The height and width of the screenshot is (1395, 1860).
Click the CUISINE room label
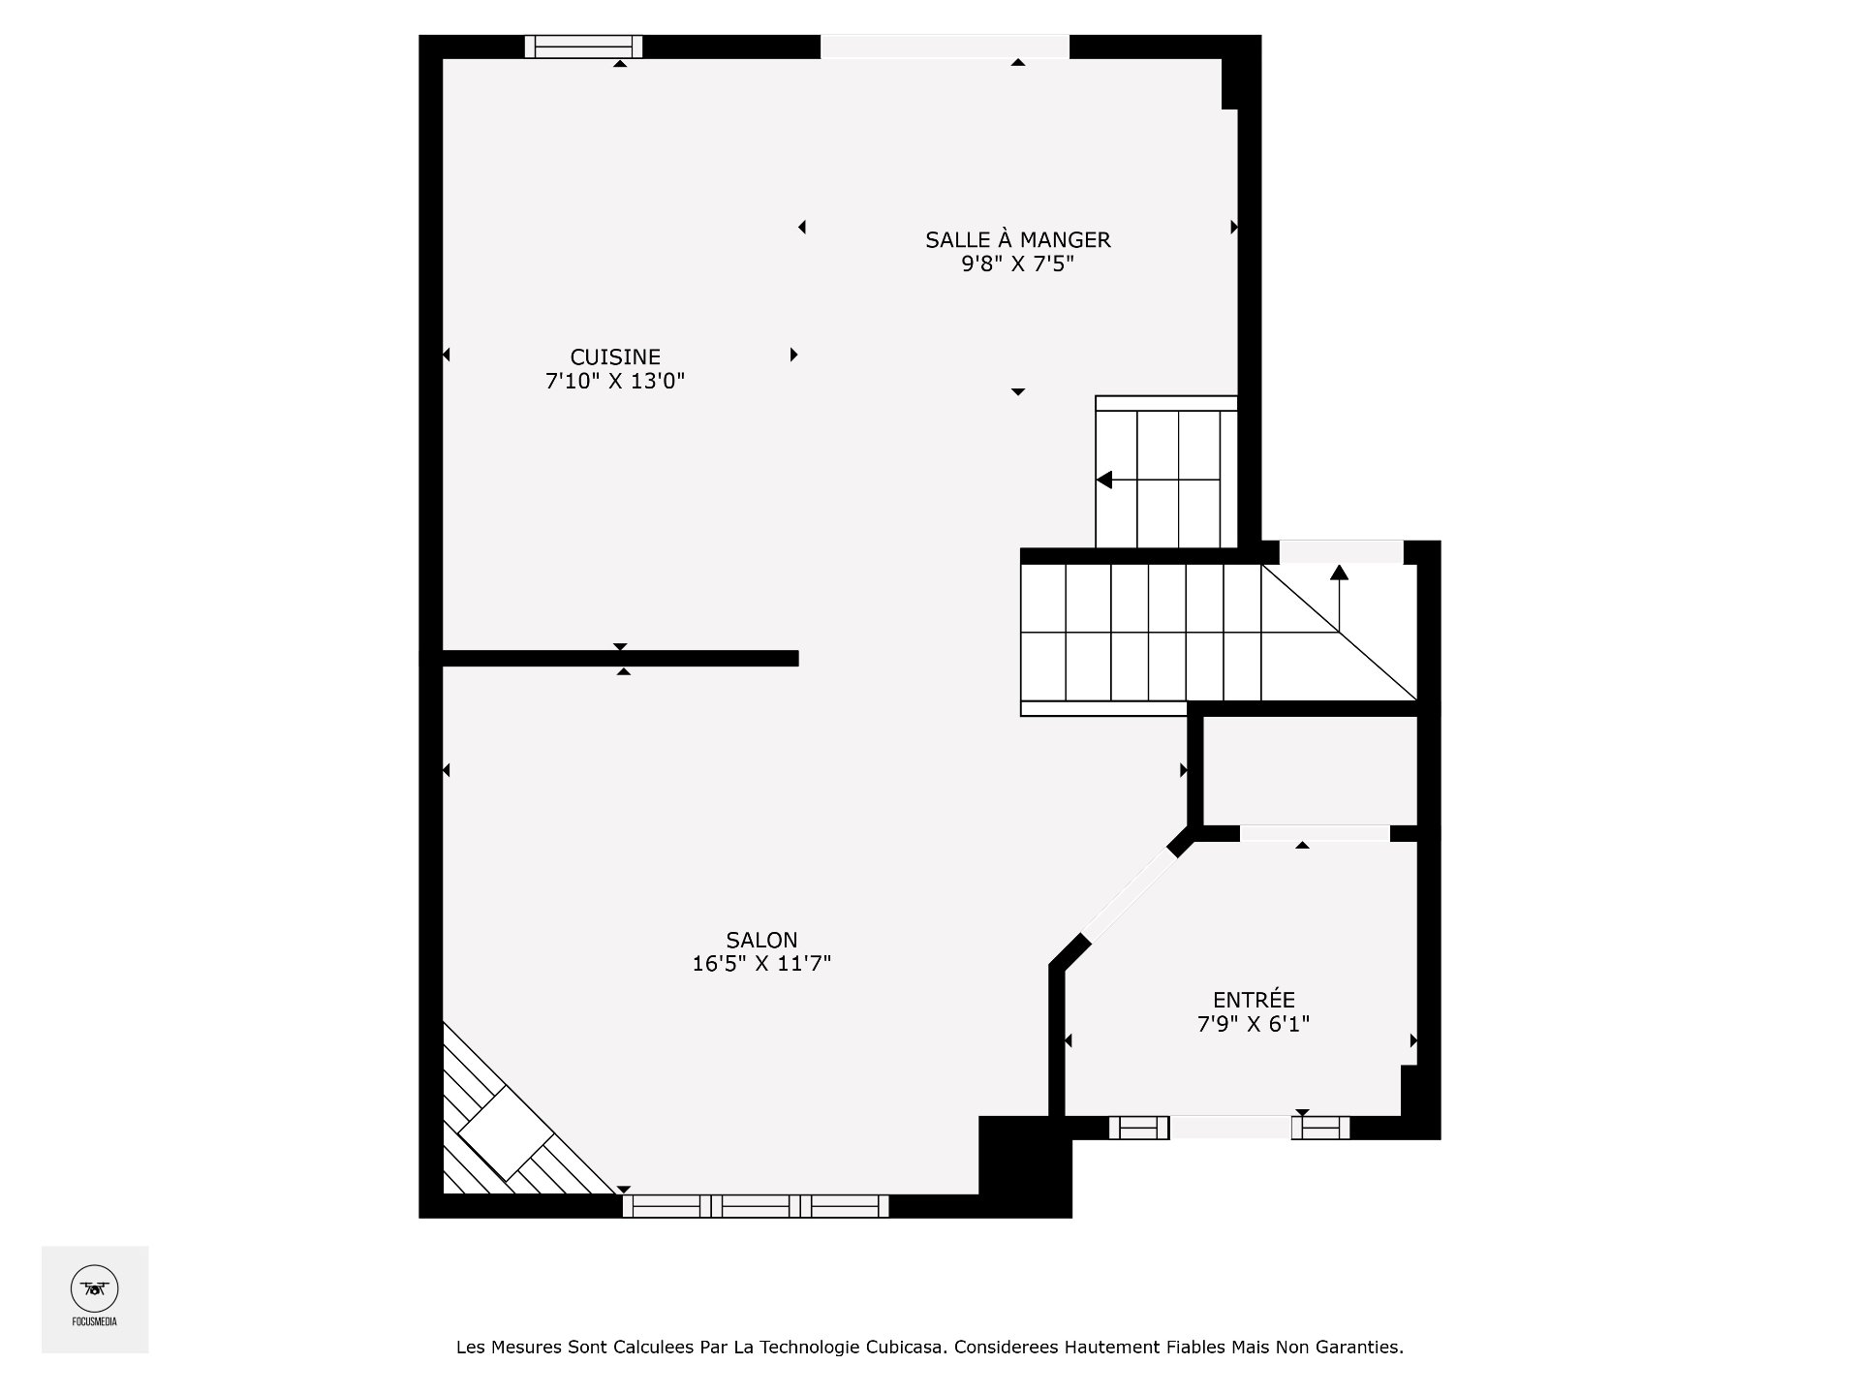(x=615, y=357)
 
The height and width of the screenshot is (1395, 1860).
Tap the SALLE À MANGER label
(x=1017, y=239)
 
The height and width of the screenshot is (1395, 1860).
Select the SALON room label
(x=761, y=939)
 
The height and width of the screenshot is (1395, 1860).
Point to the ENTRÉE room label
(x=1254, y=999)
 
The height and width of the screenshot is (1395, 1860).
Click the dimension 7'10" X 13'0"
(x=615, y=382)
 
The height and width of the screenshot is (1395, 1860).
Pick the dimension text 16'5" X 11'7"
(x=761, y=964)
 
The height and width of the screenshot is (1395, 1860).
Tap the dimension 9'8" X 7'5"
(x=1017, y=264)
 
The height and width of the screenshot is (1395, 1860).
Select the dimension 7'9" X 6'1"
(x=1254, y=1024)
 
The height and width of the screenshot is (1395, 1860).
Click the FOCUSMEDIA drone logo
(x=94, y=1289)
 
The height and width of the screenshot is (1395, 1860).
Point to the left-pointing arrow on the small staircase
(x=1105, y=480)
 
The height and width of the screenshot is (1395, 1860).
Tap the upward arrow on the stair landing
(x=1339, y=573)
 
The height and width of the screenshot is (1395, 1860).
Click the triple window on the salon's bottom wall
(x=756, y=1206)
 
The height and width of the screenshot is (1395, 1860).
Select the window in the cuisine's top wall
(x=583, y=46)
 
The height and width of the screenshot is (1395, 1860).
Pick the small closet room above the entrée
(x=1310, y=771)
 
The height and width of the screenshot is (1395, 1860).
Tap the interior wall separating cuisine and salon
(x=620, y=659)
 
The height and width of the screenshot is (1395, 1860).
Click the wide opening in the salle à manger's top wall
(x=945, y=46)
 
